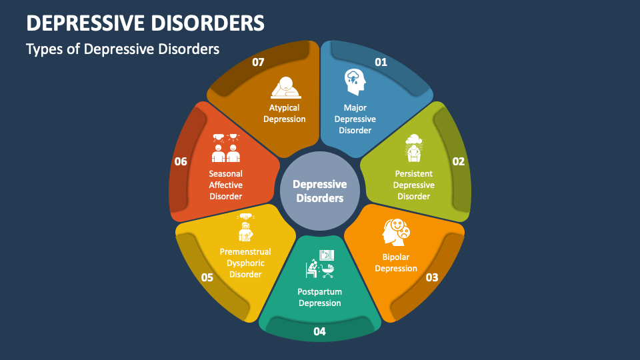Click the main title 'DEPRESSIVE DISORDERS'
pos(145,23)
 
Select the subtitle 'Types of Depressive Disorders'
pos(123,49)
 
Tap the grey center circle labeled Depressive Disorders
pos(319,191)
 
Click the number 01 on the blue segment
pos(381,62)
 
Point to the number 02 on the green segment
pos(458,161)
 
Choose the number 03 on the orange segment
pos(431,277)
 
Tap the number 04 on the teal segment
pos(319,331)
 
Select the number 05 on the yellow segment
pos(207,277)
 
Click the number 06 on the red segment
pos(181,161)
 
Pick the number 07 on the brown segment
pos(258,62)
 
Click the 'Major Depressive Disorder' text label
pos(355,119)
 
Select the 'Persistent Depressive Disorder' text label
pos(413,185)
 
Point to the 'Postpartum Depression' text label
pos(319,297)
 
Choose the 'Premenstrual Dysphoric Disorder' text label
pos(245,263)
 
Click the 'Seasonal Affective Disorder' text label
pos(225,185)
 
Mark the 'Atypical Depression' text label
pos(284,113)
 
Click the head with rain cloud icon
pos(355,83)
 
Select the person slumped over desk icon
pos(285,87)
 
